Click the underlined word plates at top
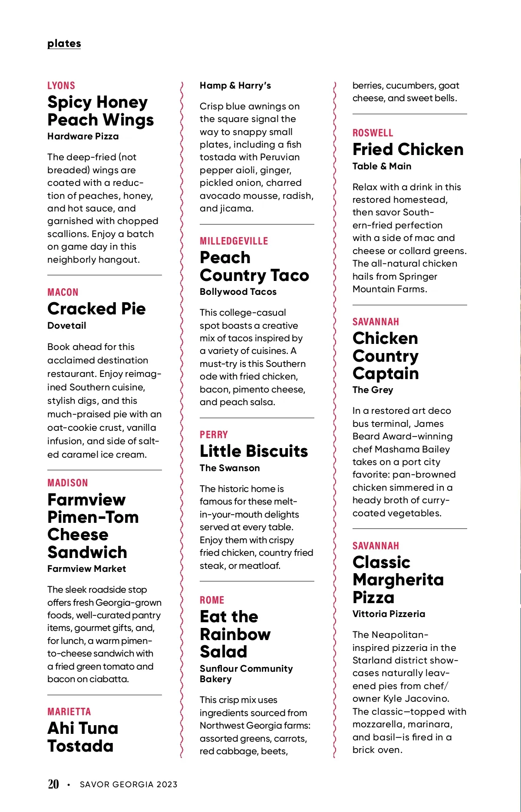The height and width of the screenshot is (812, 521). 64,43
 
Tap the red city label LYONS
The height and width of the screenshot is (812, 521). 61,86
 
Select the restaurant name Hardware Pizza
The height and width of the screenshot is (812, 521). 83,136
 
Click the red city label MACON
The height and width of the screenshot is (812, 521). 63,292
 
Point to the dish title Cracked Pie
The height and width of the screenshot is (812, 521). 96,309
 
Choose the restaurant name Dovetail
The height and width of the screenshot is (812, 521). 67,326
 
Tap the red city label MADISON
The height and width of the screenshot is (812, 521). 68,483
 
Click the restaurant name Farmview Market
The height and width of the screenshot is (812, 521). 86,569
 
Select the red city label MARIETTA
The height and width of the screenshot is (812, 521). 69,712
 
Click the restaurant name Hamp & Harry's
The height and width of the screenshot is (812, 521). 235,86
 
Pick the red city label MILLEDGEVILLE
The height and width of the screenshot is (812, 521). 234,241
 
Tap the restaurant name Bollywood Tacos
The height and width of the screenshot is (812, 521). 238,292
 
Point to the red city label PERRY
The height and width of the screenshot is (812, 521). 214,435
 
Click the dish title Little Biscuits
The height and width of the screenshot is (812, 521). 254,451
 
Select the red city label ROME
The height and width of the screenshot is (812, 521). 212,600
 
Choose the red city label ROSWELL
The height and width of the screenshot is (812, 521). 373,133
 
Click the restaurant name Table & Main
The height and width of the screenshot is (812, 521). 382,166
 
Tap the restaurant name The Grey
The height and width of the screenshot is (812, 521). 373,390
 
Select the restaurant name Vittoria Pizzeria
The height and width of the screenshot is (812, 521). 389,614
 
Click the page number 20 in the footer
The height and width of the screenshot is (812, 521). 53,784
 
